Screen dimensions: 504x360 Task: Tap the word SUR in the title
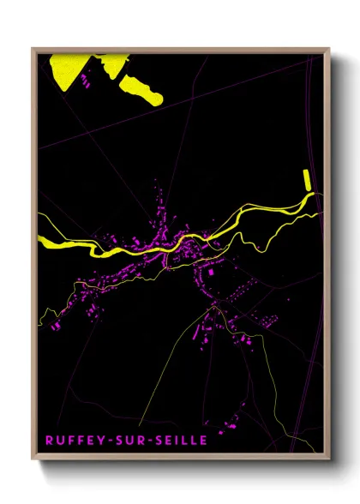pos(126,440)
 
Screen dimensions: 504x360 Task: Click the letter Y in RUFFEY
pos(98,440)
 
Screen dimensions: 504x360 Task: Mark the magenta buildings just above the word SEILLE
pos(231,423)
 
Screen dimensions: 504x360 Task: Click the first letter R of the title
pos(50,440)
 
